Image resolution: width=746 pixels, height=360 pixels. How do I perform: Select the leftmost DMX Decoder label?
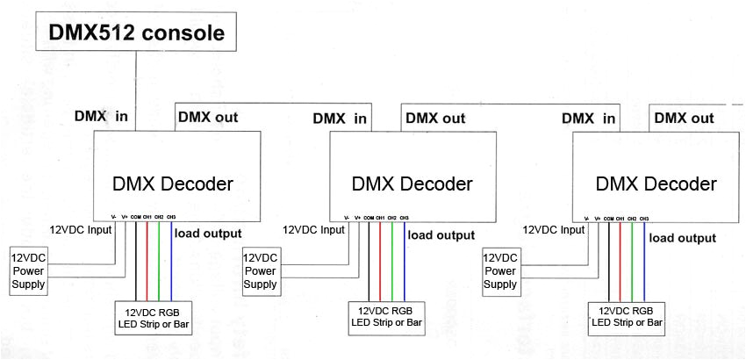(x=173, y=184)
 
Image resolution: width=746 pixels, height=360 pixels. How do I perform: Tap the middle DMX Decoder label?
(x=412, y=184)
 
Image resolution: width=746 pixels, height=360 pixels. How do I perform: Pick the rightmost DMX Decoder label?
(x=656, y=184)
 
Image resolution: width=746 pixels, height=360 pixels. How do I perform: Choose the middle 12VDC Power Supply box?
(x=261, y=270)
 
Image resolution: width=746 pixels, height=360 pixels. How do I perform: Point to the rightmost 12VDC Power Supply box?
(x=501, y=270)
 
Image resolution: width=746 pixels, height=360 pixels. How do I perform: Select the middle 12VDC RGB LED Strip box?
(x=387, y=318)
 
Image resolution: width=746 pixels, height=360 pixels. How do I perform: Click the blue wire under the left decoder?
(x=171, y=263)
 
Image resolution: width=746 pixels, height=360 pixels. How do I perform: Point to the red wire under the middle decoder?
(x=380, y=263)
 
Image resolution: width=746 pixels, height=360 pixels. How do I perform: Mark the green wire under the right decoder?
(x=632, y=263)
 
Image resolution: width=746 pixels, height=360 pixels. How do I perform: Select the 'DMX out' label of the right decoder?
(x=685, y=118)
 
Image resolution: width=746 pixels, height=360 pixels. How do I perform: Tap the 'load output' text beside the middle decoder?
(x=441, y=235)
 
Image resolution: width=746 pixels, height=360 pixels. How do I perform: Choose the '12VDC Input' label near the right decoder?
(x=554, y=229)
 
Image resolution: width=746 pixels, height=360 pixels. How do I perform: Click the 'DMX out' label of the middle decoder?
(x=435, y=118)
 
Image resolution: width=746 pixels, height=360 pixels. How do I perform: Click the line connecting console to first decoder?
(x=135, y=88)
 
